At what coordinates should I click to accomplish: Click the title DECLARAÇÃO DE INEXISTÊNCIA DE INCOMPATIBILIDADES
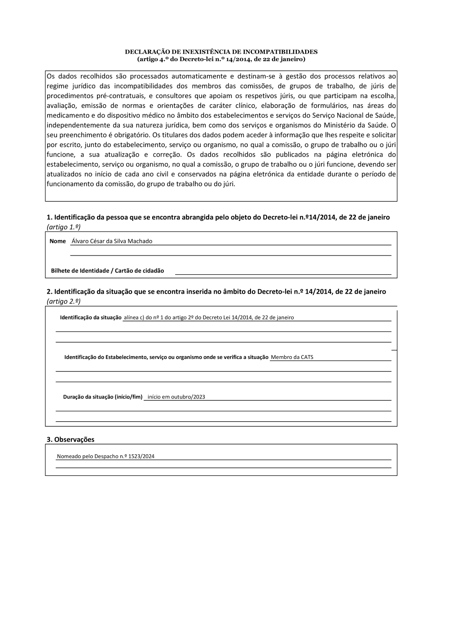(221, 52)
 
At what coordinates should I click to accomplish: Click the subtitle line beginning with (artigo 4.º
(221, 59)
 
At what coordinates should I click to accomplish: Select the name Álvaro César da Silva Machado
(112, 241)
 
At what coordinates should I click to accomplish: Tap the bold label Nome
(57, 241)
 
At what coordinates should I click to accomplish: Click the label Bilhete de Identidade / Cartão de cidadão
(107, 271)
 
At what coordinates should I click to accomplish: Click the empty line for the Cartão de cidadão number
(283, 271)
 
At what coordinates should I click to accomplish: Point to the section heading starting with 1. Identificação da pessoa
(218, 217)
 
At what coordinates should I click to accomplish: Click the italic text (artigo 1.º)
(63, 227)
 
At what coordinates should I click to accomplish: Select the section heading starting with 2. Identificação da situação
(216, 291)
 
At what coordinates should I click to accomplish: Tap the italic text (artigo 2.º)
(63, 301)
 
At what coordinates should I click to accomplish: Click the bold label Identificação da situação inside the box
(91, 318)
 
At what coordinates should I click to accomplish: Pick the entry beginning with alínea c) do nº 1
(209, 318)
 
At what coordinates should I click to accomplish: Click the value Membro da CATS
(292, 357)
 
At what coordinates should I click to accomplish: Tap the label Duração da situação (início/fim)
(102, 397)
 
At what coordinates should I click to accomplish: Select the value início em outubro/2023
(176, 397)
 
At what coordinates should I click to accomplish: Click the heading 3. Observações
(70, 439)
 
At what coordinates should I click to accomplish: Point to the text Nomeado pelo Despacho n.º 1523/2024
(106, 456)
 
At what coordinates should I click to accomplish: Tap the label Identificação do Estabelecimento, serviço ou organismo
(166, 357)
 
